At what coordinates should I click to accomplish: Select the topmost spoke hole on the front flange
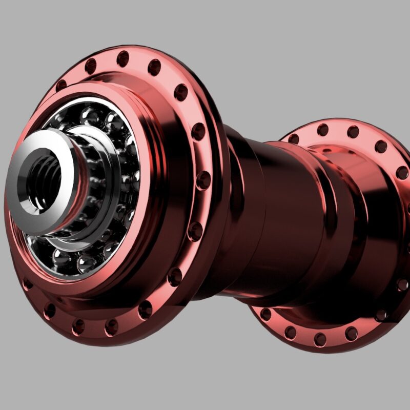(x=123, y=58)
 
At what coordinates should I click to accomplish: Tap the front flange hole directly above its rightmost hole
(x=198, y=132)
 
